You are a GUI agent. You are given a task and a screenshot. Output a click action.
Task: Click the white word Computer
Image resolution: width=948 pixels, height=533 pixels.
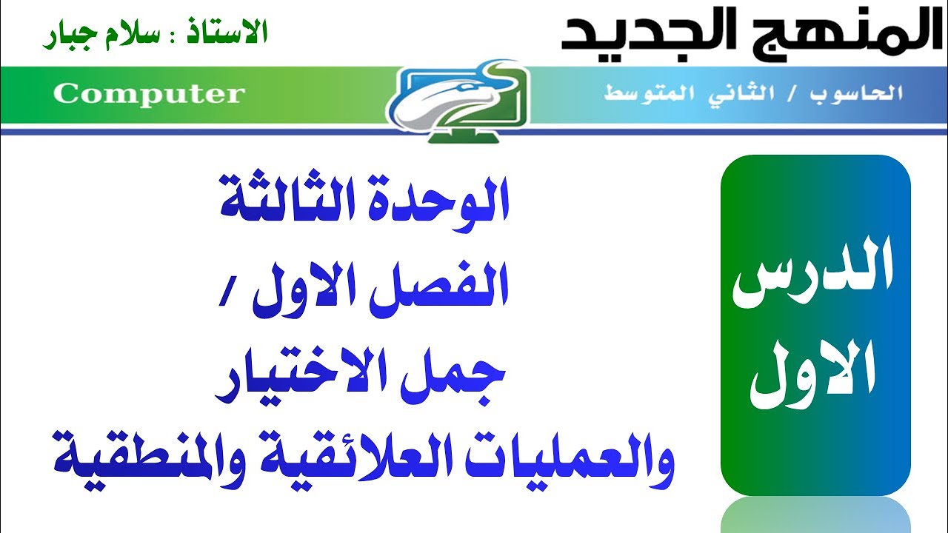(148, 94)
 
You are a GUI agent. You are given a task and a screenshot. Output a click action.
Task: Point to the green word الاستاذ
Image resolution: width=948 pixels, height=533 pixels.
(230, 32)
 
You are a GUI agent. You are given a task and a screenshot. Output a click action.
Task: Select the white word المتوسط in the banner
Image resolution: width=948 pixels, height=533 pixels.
(648, 94)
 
